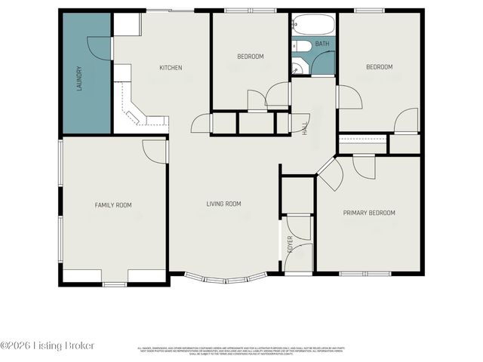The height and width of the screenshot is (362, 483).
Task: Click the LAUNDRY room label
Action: point(78,78)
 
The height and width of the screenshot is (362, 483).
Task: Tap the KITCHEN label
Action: point(170,68)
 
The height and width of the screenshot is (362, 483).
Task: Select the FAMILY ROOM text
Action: point(113,204)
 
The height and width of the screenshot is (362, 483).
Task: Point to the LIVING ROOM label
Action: point(224,204)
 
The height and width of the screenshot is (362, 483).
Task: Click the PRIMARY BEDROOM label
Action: point(369,213)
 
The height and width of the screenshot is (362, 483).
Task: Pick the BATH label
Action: point(322,44)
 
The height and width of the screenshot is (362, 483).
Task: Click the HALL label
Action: point(306,130)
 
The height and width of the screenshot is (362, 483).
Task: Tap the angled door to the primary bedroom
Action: point(329,174)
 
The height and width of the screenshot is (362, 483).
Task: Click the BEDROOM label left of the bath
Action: point(251,57)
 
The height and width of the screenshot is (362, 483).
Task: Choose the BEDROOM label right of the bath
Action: point(379,67)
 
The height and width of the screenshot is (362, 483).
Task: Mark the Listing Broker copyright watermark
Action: point(48,345)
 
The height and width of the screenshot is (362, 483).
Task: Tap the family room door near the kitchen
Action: point(155,149)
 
